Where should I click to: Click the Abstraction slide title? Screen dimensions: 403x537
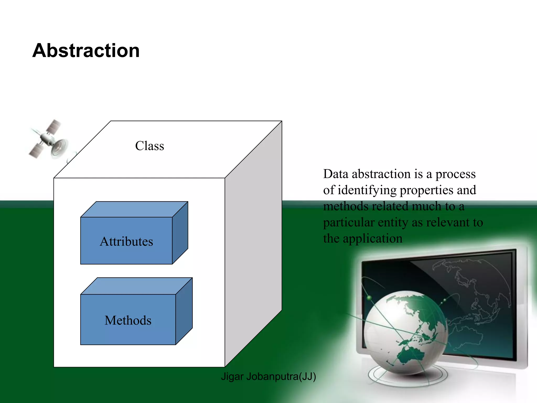[x=86, y=50]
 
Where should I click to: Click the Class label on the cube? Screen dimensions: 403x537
[x=149, y=146]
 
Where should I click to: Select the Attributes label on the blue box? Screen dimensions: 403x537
[x=126, y=241]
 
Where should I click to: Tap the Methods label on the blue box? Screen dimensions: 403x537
[x=128, y=320]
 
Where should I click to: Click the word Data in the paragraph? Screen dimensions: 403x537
[x=336, y=174]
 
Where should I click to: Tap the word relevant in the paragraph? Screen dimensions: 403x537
[x=448, y=222]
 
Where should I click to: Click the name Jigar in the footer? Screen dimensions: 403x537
[x=232, y=377]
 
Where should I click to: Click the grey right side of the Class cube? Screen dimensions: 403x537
[x=253, y=244]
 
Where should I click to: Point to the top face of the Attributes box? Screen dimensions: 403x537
[x=134, y=209]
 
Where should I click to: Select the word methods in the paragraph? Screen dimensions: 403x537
[x=346, y=206]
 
